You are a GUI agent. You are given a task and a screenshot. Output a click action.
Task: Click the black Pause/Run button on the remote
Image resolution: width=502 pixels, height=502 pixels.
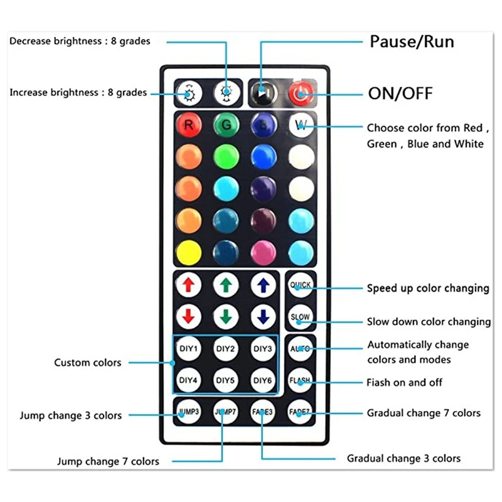click(x=263, y=93)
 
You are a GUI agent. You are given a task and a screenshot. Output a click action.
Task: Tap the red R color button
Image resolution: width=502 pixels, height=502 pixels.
click(x=188, y=124)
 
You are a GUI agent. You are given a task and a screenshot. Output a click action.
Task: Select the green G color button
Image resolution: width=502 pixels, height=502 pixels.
click(x=226, y=124)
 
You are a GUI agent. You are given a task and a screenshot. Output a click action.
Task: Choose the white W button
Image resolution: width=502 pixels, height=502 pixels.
click(x=301, y=124)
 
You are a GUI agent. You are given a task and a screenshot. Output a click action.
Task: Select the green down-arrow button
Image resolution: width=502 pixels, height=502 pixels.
click(x=226, y=316)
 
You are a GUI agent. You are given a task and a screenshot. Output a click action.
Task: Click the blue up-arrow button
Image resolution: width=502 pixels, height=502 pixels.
click(x=264, y=286)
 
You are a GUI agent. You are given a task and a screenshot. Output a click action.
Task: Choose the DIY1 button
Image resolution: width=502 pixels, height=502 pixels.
click(x=188, y=348)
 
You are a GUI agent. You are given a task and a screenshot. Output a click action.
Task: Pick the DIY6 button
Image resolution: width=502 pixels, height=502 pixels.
click(x=264, y=380)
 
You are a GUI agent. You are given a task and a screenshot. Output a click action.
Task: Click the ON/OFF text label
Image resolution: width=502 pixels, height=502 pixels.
click(x=400, y=94)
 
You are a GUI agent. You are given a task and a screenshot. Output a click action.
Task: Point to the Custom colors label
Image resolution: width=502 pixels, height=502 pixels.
click(x=87, y=363)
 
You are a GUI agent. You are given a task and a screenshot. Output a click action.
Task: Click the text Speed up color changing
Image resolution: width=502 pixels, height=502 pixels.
click(x=428, y=289)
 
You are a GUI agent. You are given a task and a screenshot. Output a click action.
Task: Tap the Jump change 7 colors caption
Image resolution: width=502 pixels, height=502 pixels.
click(x=108, y=462)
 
